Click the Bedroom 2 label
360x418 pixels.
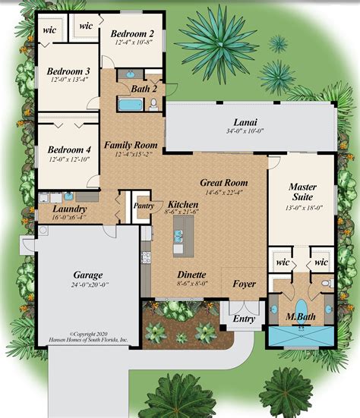tap(133, 33)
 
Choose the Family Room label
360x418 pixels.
tap(130, 144)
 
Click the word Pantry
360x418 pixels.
tap(143, 205)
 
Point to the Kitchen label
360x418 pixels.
tap(183, 205)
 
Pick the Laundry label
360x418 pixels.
tap(69, 209)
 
